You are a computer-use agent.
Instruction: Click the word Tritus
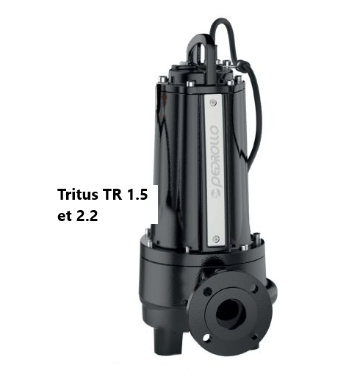click(x=78, y=194)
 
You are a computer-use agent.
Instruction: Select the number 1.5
click(x=137, y=194)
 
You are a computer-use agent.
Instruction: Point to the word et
click(x=64, y=216)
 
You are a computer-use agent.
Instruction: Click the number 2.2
click(x=87, y=216)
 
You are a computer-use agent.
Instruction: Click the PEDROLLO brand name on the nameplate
click(x=215, y=156)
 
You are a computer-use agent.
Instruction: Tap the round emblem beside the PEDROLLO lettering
click(x=216, y=194)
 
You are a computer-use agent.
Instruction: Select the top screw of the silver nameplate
click(x=213, y=102)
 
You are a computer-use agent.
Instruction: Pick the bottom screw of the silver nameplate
click(x=217, y=239)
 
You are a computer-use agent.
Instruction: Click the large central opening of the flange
click(x=230, y=314)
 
